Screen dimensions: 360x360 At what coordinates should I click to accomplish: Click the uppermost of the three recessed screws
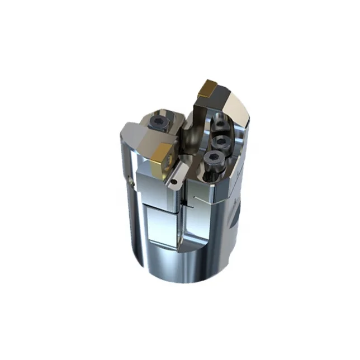pyautogui.click(x=220, y=125)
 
